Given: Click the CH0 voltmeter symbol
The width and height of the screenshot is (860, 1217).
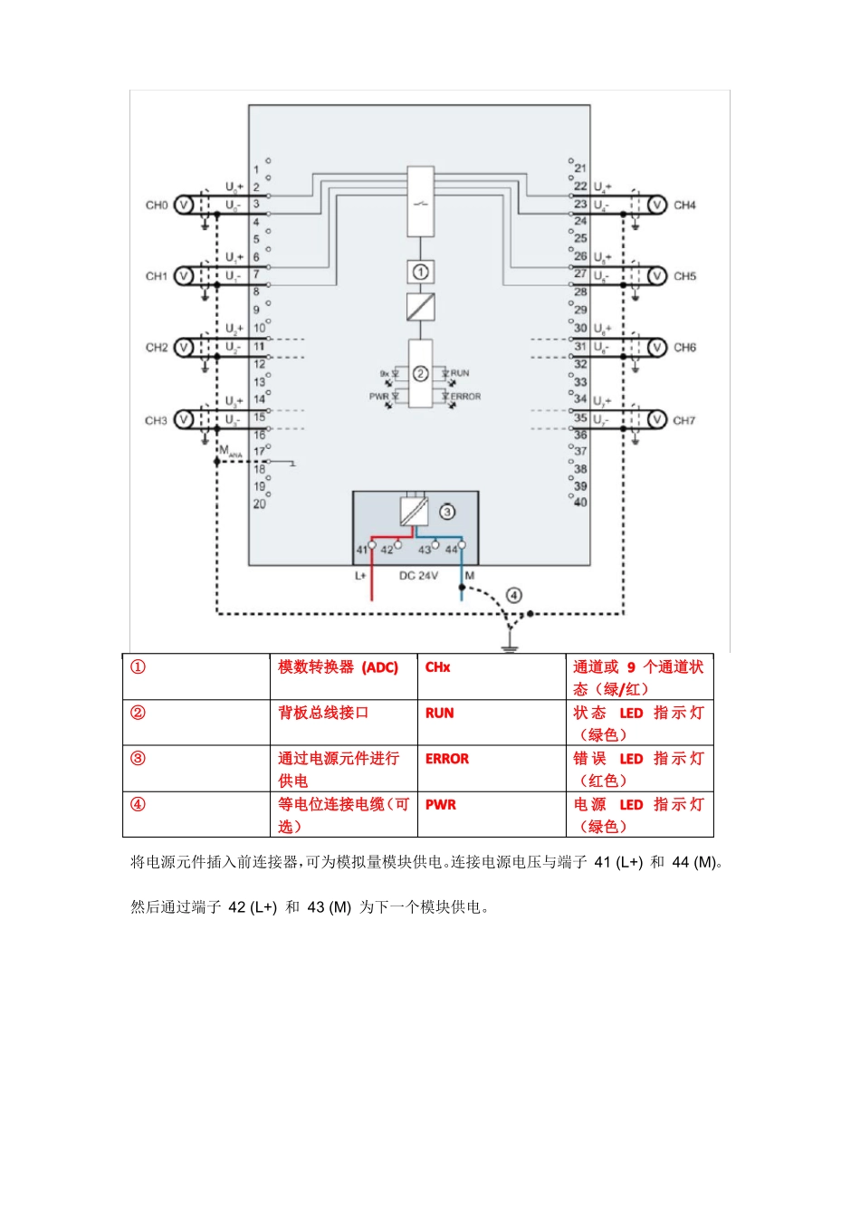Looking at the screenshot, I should [183, 206].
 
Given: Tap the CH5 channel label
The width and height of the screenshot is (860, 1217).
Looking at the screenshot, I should [684, 276].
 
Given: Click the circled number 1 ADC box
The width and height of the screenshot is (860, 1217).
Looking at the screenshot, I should [420, 272].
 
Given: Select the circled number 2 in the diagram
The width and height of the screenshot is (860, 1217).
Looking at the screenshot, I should [420, 373].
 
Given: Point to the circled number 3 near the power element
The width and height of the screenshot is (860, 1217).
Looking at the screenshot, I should [447, 512].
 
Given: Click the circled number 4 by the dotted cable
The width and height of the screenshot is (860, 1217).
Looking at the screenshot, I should [514, 595].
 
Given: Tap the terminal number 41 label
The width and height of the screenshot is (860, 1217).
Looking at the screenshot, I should [361, 550].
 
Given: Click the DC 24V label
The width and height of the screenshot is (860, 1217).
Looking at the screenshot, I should [418, 576].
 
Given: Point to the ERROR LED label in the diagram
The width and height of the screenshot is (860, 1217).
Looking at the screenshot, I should [465, 397].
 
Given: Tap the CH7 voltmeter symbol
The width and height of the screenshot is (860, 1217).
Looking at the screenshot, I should [657, 419].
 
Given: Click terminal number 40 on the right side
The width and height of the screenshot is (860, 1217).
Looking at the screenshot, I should [580, 502].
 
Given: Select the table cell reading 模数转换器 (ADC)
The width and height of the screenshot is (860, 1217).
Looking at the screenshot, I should [338, 667].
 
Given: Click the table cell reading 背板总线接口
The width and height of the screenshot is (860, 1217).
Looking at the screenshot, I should [323, 713].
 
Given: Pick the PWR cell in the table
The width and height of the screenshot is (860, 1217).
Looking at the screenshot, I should [441, 804].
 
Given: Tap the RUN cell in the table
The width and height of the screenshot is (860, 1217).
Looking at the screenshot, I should [440, 713].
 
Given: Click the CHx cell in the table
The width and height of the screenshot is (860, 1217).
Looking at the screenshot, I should [437, 667].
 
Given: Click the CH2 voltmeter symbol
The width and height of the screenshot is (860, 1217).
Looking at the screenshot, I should [183, 347].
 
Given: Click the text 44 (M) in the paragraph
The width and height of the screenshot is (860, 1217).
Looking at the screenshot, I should [693, 862].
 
